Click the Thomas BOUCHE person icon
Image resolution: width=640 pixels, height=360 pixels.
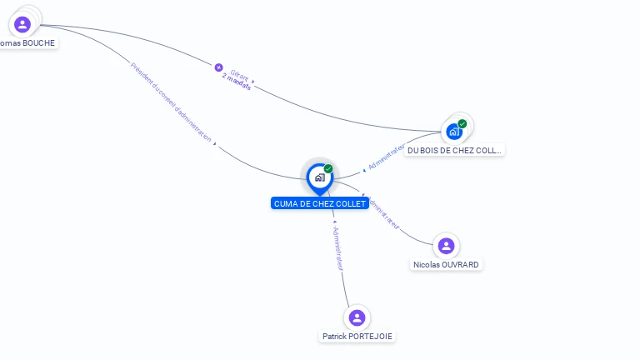[22, 24]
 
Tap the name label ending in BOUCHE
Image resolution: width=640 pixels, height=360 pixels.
[27, 42]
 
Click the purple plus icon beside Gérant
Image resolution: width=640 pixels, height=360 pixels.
[219, 67]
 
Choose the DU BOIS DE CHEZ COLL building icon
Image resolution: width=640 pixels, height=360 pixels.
[453, 132]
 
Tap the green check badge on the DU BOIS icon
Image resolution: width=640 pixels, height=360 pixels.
[462, 123]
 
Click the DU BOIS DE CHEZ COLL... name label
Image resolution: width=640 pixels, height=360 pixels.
[455, 151]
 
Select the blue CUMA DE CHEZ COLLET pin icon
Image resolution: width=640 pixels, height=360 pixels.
[319, 177]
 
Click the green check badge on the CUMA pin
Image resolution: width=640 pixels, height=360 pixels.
[328, 168]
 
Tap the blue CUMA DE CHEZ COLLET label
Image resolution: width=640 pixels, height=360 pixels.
[320, 203]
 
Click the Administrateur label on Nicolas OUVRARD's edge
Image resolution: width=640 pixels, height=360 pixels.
[383, 213]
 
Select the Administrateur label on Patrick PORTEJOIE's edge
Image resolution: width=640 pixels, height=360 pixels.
[337, 248]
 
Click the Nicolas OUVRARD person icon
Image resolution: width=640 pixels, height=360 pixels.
[446, 246]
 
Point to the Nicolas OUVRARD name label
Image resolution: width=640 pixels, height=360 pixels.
[447, 264]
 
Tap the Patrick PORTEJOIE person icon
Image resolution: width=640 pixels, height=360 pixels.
[357, 317]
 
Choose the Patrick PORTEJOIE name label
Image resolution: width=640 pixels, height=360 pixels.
[357, 337]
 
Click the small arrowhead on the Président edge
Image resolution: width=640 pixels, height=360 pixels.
[215, 143]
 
